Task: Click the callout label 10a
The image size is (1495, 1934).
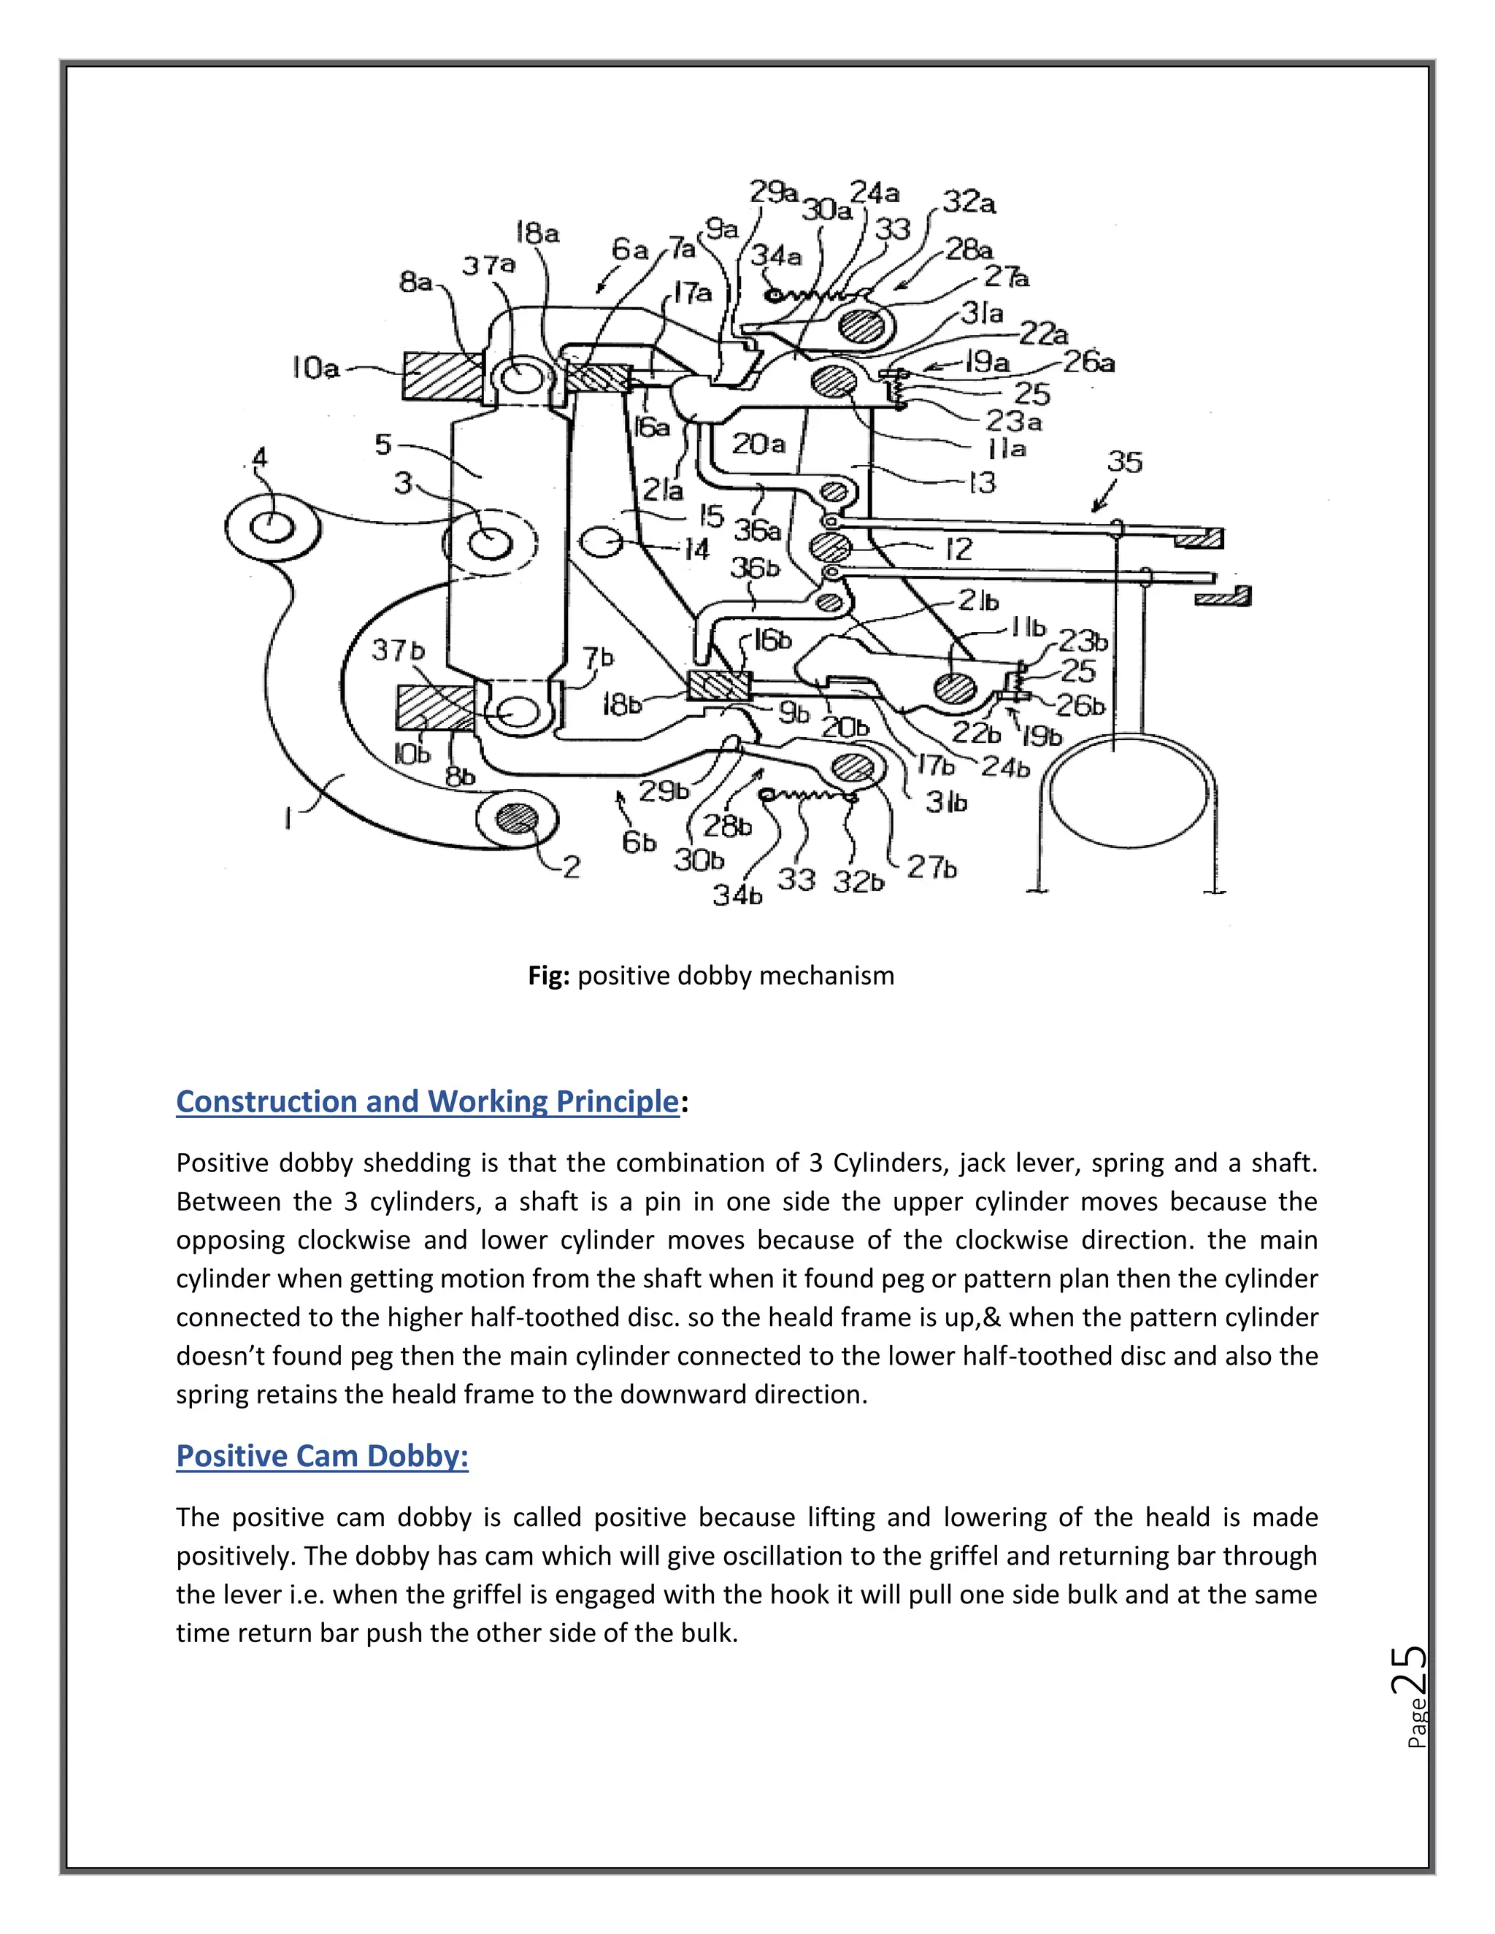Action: [x=316, y=368]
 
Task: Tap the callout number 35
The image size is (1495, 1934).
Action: [x=1124, y=461]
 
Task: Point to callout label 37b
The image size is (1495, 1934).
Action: [x=398, y=651]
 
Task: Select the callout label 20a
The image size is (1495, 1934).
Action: [x=759, y=444]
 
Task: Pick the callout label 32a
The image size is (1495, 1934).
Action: [x=969, y=203]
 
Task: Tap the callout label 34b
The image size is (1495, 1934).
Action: [x=737, y=895]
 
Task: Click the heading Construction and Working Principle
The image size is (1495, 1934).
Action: [x=427, y=1101]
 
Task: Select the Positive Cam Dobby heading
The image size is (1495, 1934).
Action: [x=321, y=1456]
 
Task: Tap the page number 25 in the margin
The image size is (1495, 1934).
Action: [x=1407, y=1669]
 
